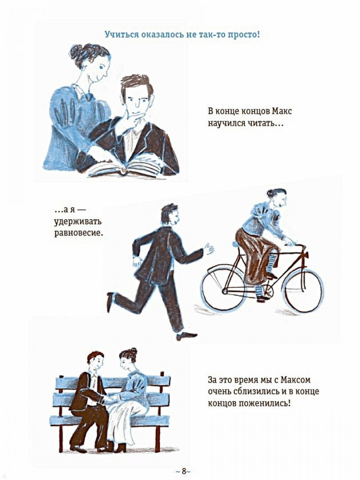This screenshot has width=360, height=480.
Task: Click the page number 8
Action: [x=184, y=471]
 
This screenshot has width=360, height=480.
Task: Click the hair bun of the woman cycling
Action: [x=271, y=193]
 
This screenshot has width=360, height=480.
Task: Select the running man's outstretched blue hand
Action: [x=209, y=249]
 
